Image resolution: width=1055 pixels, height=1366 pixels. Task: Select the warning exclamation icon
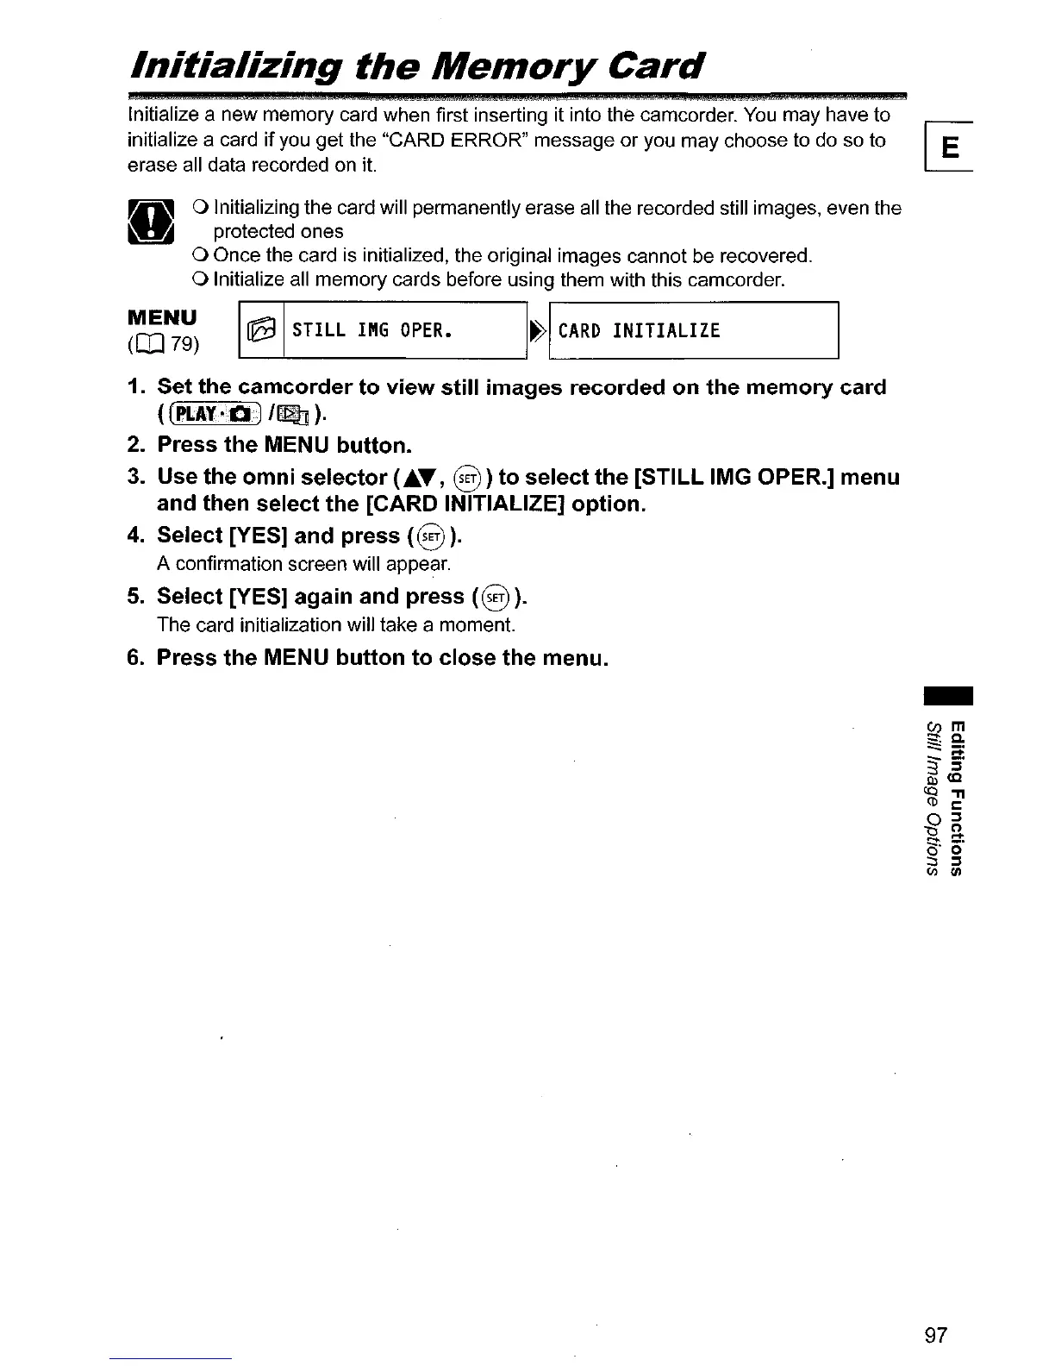[x=151, y=221]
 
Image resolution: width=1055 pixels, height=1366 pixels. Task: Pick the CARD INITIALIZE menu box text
[x=639, y=330]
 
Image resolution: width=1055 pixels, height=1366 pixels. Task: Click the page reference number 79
[x=182, y=345]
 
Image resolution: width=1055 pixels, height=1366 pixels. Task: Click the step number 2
[x=135, y=445]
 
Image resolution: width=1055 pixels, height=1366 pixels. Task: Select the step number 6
[x=135, y=658]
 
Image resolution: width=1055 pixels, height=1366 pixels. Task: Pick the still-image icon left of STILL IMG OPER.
[x=260, y=331]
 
